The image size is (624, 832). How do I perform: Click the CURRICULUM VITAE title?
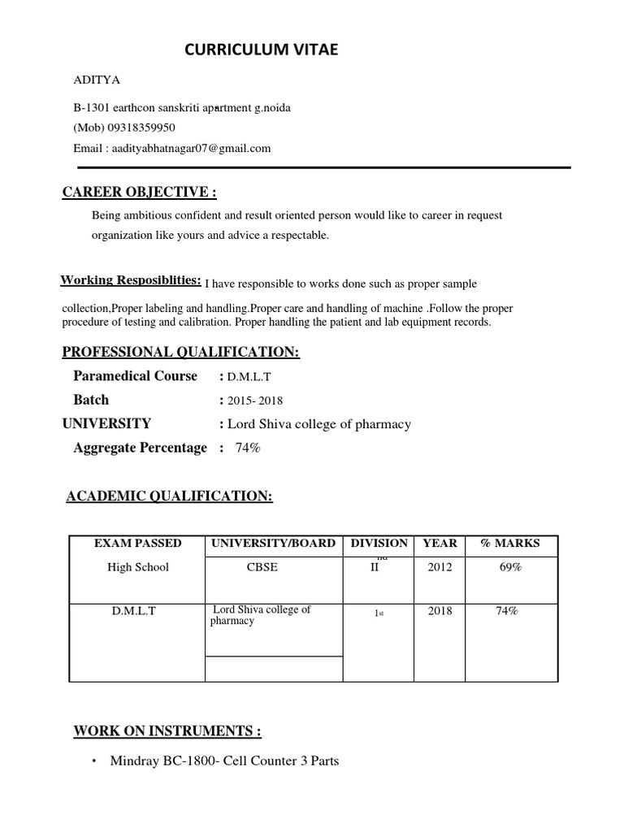261,50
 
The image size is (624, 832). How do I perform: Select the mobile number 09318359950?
136,128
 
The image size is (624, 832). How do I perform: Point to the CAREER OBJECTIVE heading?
140,192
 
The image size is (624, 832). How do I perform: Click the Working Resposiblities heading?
131,280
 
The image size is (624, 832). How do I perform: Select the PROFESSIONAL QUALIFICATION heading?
181,352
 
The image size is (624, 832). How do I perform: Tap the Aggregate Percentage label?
140,448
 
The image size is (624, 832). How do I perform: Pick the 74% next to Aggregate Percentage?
248,448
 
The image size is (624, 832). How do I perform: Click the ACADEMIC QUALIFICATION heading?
169,496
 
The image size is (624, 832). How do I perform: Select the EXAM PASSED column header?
137,543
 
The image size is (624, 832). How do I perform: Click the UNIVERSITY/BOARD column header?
273,543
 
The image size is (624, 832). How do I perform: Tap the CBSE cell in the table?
262,567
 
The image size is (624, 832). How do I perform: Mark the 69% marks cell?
510,567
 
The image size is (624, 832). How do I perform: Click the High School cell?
137,567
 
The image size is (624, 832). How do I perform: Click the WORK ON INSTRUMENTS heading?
167,730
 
